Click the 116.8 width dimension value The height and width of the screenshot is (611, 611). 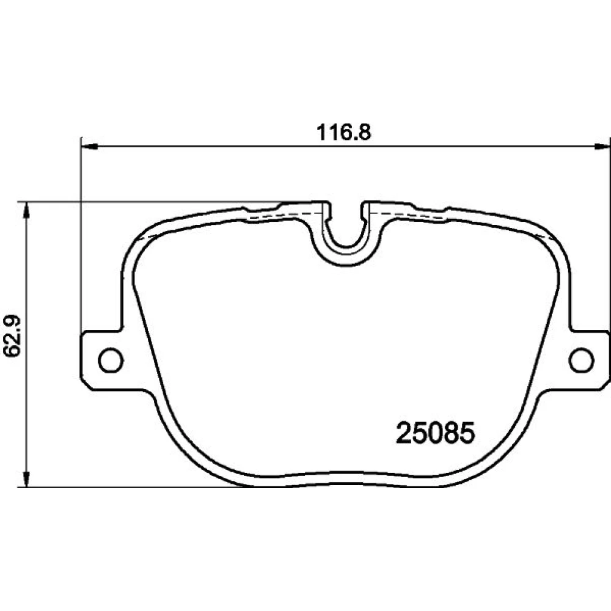click(x=343, y=132)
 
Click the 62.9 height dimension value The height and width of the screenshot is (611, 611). click(x=12, y=335)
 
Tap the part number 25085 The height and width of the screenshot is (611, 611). click(x=435, y=433)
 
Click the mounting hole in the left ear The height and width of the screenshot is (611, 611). click(x=111, y=360)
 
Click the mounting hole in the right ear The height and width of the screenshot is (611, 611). click(x=581, y=360)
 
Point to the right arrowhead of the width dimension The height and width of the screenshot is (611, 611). click(x=601, y=146)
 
